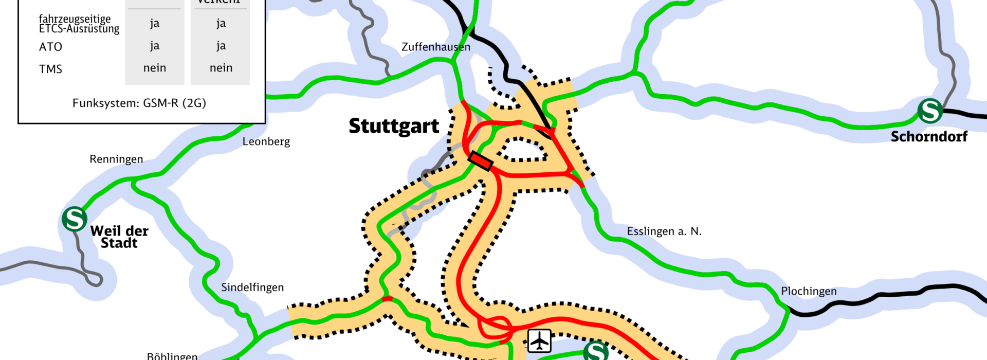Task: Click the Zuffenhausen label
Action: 435,47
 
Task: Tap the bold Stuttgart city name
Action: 394,126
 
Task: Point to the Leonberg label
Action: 266,141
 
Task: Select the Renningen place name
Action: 116,159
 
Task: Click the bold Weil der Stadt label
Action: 119,237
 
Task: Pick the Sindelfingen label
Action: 252,287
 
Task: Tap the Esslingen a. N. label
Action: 664,231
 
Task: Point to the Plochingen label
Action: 809,291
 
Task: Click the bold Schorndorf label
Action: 929,137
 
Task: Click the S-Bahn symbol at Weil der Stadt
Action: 75,219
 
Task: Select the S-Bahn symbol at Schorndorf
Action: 930,111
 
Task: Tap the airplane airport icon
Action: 539,340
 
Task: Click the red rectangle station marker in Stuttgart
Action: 481,161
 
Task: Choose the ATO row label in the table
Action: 50,47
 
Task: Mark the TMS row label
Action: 50,69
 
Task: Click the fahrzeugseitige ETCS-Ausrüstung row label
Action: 79,24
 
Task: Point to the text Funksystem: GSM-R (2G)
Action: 139,103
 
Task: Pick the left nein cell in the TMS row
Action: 155,68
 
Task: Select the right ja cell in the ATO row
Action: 221,46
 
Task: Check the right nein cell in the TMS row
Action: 221,68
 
